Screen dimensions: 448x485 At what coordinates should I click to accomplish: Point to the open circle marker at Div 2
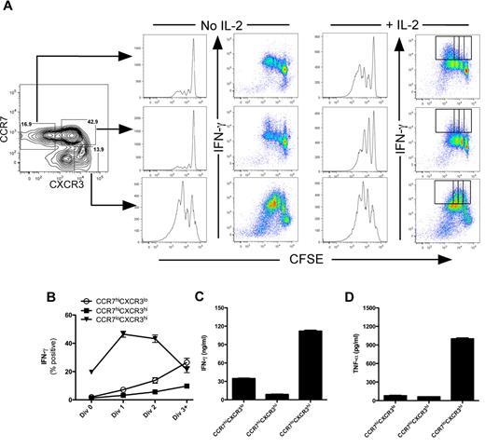pyautogui.click(x=129, y=380)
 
